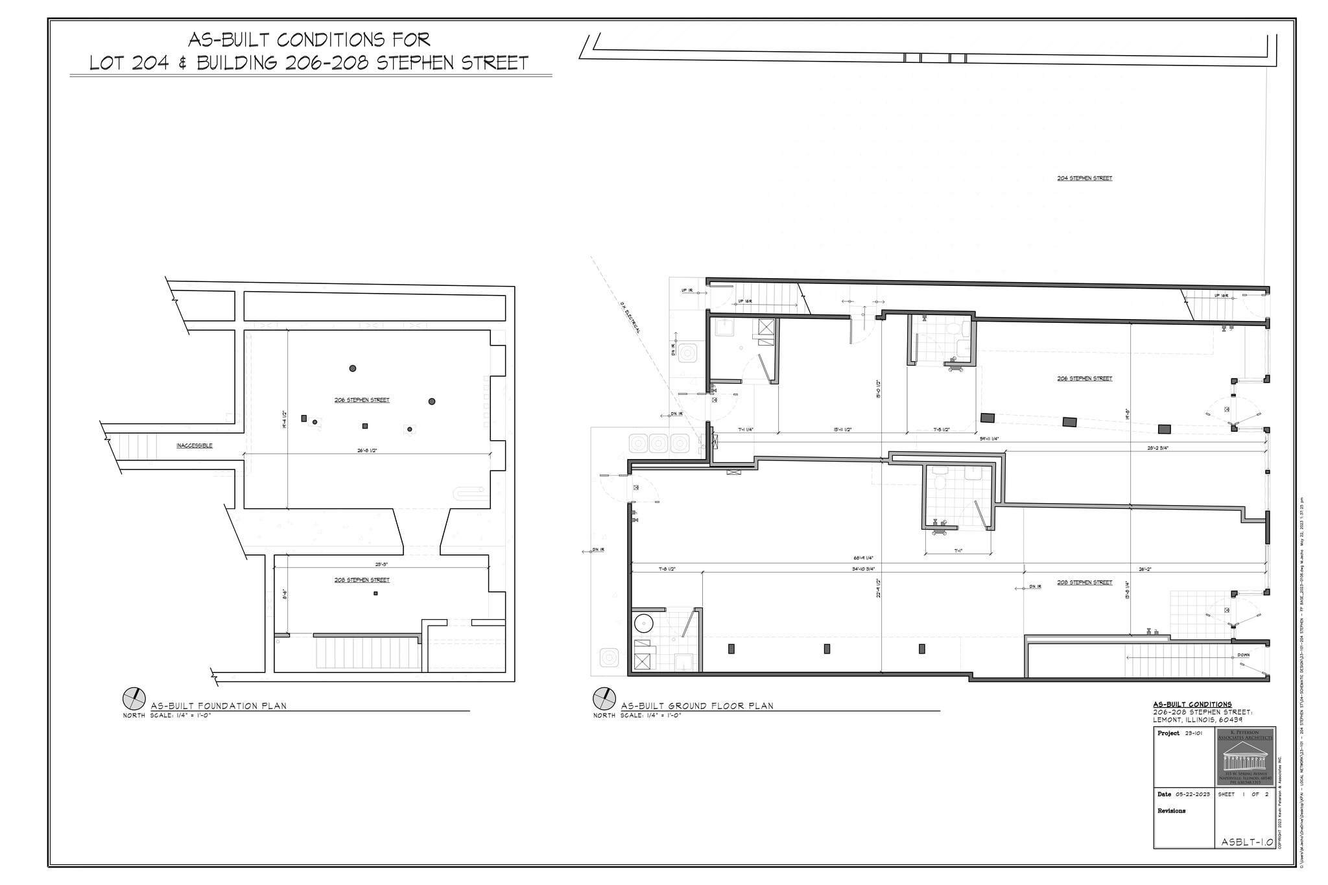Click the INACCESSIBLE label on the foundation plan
(x=195, y=445)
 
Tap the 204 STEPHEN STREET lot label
(x=1084, y=178)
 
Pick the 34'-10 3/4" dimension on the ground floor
(x=863, y=569)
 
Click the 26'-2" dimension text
(x=1145, y=569)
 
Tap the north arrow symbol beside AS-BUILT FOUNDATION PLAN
(x=134, y=699)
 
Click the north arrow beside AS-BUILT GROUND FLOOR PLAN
(x=604, y=699)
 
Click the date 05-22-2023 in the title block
(x=1192, y=794)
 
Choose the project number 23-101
(x=1194, y=733)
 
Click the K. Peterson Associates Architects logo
(x=1246, y=756)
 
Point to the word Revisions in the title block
(x=1172, y=810)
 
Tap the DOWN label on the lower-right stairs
(x=1243, y=655)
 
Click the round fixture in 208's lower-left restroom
(x=643, y=623)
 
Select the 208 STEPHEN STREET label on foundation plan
(x=362, y=580)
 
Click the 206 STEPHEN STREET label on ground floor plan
(x=1084, y=379)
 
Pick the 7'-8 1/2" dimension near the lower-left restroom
(x=667, y=569)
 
